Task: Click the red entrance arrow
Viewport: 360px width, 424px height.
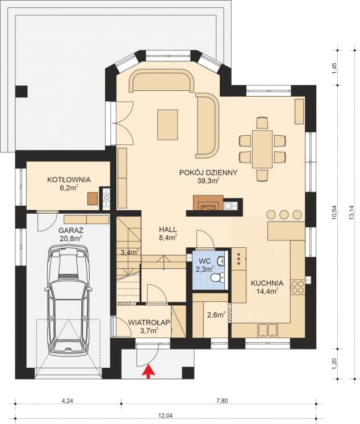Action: pos(149,372)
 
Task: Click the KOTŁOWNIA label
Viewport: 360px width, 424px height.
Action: pos(62,180)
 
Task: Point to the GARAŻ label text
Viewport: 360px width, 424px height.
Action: pos(70,231)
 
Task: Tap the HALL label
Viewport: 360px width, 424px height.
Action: pos(168,229)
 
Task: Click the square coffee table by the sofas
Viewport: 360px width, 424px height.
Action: pos(168,120)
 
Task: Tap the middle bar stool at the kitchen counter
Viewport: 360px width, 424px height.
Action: pos(284,214)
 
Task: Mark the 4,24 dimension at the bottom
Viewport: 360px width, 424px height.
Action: pos(68,400)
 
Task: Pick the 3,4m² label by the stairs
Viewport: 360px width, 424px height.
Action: pos(129,252)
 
